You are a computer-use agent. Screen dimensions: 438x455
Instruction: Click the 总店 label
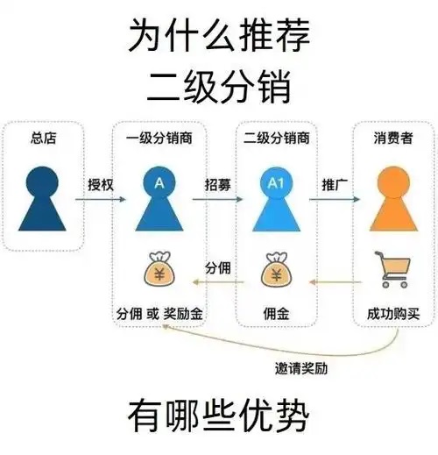pos(43,138)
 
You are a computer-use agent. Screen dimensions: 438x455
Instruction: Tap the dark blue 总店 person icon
pos(42,199)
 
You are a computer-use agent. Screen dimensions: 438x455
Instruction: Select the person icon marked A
pos(159,199)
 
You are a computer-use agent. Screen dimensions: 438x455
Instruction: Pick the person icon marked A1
pos(276,199)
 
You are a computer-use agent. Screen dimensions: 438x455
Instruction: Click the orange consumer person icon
pos(393,199)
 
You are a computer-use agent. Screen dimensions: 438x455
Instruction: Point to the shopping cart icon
pos(393,269)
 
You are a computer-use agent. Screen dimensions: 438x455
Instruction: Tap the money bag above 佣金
pos(276,269)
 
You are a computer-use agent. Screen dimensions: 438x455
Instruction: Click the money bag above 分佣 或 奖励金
pos(159,269)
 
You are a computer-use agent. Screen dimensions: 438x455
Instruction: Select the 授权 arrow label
pos(101,185)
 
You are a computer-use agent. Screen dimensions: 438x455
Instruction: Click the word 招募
pos(218,185)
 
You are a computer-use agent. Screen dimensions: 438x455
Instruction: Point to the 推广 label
pos(335,185)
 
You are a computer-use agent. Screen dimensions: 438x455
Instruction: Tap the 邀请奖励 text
pos(301,368)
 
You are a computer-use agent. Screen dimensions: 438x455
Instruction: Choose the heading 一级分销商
pos(159,138)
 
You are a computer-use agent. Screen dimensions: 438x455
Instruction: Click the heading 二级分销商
pos(276,138)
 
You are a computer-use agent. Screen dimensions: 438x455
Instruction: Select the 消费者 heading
pos(393,138)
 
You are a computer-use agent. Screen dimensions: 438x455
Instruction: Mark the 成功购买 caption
pos(393,314)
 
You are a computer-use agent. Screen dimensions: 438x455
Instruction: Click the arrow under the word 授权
pos(101,199)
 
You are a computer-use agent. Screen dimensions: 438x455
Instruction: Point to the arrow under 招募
pos(217,199)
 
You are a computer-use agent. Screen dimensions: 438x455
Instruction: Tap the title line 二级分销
pos(219,87)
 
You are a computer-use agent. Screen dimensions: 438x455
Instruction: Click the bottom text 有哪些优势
pos(218,416)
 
